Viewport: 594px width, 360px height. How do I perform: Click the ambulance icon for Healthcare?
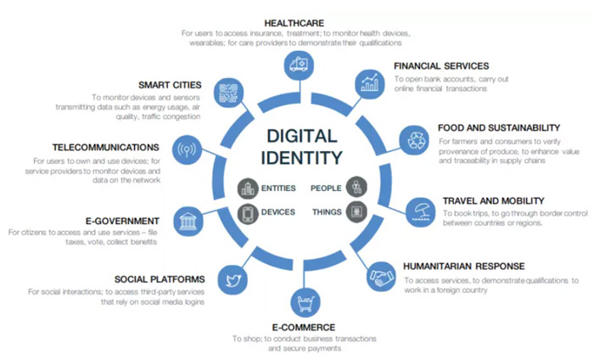(299, 65)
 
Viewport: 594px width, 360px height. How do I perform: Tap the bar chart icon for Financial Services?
(369, 84)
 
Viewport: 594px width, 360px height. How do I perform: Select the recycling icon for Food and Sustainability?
(414, 140)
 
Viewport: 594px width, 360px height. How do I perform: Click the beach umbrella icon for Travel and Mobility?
(421, 212)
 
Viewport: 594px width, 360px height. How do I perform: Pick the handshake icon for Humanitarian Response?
(382, 277)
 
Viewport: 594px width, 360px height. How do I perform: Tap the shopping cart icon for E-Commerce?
(305, 302)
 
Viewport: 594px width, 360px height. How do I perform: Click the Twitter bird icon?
(233, 280)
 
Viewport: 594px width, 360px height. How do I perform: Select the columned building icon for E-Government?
(188, 222)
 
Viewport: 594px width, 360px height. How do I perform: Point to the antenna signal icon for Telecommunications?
(187, 149)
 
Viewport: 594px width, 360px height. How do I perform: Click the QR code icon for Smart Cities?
(228, 93)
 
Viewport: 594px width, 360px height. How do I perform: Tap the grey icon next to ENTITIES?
(248, 188)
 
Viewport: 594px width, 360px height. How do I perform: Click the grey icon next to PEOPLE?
(356, 187)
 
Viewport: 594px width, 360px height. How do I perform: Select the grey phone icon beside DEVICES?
(248, 214)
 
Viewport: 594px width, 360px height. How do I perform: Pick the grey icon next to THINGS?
(356, 211)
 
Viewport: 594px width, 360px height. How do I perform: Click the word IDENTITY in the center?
(301, 158)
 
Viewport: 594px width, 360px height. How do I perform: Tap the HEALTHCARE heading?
(294, 23)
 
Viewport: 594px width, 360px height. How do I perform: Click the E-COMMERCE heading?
(304, 328)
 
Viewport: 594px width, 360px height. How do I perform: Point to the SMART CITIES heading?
(170, 85)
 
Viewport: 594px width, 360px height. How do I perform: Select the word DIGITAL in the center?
(301, 136)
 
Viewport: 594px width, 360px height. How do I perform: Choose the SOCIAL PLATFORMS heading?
(160, 279)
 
